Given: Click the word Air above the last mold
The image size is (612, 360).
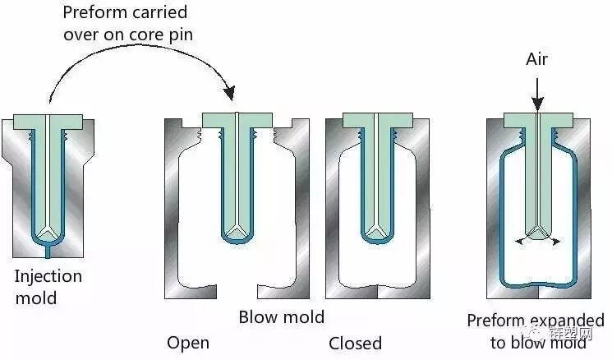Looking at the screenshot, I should click(536, 59).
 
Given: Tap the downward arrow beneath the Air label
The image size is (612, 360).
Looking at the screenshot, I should click(536, 92).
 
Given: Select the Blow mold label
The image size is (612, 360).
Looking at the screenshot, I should click(281, 316).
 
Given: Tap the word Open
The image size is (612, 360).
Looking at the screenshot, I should click(188, 342).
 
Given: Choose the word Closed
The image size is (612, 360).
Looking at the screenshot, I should click(355, 342).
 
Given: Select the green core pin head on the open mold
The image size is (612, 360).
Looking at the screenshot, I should click(237, 120).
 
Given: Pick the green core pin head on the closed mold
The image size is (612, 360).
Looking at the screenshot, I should click(376, 120).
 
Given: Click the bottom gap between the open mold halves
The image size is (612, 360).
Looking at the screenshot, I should click(240, 290).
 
